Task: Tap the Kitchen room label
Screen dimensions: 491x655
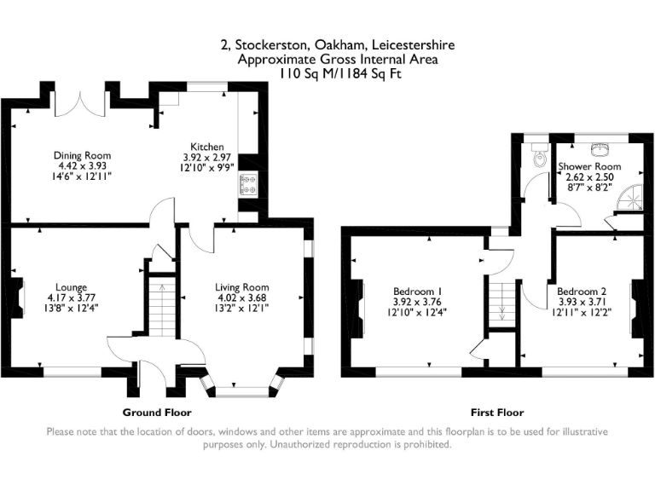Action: point(208,147)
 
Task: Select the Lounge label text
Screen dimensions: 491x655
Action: point(72,287)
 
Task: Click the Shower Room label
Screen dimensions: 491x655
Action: point(588,166)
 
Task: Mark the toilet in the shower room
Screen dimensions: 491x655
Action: point(537,158)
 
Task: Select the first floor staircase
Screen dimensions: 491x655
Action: point(501,303)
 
